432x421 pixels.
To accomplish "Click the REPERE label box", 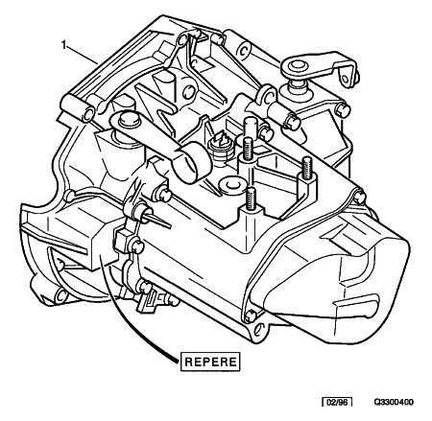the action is tap(210, 362).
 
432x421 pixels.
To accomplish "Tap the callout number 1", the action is tap(64, 45).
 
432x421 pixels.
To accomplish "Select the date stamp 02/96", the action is tap(337, 402).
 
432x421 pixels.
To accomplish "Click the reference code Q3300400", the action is tap(394, 402).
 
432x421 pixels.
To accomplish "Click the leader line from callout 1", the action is tap(83, 54).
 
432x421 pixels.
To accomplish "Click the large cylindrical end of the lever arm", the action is tap(192, 163).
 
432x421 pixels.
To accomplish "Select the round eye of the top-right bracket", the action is tap(297, 66).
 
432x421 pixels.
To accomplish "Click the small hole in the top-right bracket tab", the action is tap(345, 80).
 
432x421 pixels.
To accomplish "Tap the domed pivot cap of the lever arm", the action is tap(130, 121).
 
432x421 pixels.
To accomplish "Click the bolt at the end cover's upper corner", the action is tap(360, 197).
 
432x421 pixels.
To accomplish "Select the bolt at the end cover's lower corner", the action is tap(250, 316).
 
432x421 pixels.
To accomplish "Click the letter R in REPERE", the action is tap(189, 362).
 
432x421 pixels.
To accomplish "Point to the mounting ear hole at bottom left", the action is tap(60, 295).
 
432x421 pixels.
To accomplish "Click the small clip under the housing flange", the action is tap(150, 300).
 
